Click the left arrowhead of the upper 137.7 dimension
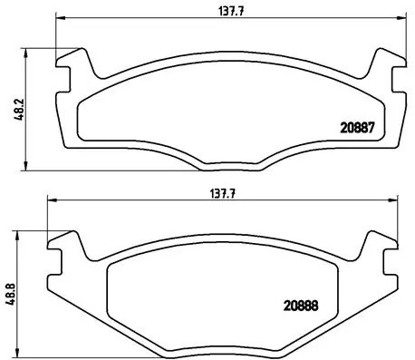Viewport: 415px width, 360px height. point(59,18)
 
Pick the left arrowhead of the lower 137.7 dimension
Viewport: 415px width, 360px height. point(50,202)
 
